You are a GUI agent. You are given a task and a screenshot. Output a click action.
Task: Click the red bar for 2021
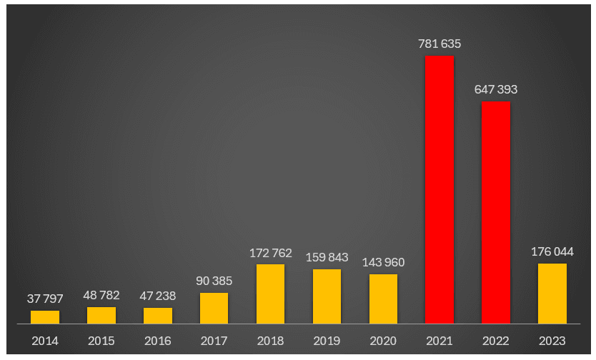click(x=439, y=189)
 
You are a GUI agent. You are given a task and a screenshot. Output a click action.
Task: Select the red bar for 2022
click(x=495, y=212)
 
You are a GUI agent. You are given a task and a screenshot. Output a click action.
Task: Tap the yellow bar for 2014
click(x=45, y=316)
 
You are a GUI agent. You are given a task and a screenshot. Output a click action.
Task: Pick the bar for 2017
click(x=214, y=308)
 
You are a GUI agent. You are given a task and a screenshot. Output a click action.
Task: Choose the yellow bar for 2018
click(x=270, y=294)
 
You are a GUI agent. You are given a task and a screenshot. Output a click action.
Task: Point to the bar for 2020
click(x=383, y=299)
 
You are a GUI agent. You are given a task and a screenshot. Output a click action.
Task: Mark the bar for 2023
click(x=552, y=293)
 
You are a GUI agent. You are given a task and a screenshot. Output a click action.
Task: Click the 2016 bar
click(x=157, y=315)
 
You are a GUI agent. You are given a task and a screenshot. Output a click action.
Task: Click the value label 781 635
click(x=439, y=44)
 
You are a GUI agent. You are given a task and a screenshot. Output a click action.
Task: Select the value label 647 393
click(x=495, y=90)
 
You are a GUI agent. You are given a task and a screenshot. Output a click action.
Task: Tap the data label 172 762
click(x=270, y=253)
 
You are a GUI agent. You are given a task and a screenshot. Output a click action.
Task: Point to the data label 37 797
click(x=45, y=299)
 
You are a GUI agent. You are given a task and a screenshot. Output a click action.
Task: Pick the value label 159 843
click(x=327, y=257)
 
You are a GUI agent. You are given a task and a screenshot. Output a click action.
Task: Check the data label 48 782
click(x=101, y=295)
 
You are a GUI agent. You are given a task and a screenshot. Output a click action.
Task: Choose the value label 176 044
click(x=552, y=251)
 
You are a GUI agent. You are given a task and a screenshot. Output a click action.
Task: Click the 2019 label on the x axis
click(x=327, y=341)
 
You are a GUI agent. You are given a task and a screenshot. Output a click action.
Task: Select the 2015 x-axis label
click(x=101, y=341)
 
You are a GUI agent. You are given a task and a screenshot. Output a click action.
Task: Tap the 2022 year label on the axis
click(x=495, y=341)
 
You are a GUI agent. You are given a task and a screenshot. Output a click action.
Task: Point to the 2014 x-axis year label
click(x=45, y=341)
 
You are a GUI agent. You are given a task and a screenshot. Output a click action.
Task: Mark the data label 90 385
click(x=214, y=281)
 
